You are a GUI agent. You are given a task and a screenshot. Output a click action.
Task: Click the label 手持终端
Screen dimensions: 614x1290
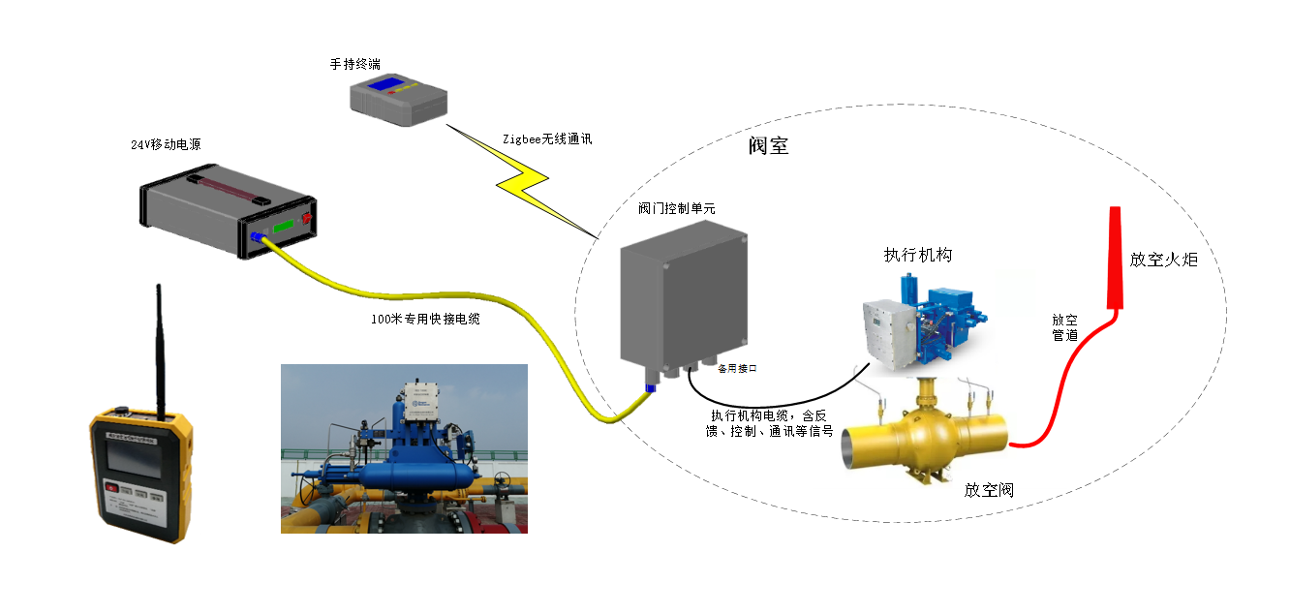[354, 64]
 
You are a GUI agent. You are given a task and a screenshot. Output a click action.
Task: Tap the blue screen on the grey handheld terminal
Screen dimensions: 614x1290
[392, 84]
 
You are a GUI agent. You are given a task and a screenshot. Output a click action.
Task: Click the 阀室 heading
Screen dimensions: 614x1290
[768, 146]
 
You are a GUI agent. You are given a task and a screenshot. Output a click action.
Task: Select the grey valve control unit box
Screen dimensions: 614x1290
[683, 296]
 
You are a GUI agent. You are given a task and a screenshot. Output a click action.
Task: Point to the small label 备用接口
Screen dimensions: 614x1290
[736, 368]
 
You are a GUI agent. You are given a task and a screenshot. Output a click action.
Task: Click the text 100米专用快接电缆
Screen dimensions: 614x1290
[426, 319]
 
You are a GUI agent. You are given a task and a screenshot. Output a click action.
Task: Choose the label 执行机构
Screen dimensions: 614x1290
[917, 255]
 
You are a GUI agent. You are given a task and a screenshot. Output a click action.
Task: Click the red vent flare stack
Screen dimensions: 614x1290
[1115, 257]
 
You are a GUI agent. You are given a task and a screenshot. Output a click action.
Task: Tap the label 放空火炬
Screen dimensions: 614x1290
[1163, 260]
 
